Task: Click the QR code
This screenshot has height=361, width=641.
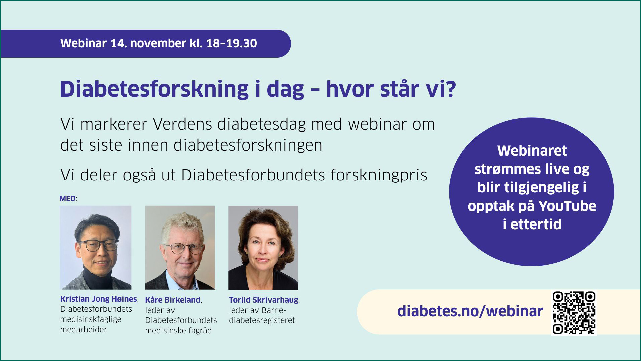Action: click(x=574, y=313)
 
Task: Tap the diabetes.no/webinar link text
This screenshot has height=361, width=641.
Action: click(x=470, y=311)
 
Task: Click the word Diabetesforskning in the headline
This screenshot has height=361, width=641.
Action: click(x=154, y=89)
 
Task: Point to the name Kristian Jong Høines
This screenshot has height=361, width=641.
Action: click(x=99, y=299)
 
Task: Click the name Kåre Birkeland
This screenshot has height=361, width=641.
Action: click(x=173, y=300)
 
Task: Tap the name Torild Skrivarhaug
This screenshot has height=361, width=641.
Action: click(x=264, y=300)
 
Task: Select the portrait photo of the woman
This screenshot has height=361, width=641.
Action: click(x=263, y=248)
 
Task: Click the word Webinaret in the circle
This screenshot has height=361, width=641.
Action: click(x=532, y=151)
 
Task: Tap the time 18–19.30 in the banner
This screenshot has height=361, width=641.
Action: click(x=232, y=43)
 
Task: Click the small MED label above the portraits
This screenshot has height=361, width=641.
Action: click(x=68, y=198)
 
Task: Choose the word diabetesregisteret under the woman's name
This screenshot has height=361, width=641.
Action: click(x=262, y=320)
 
